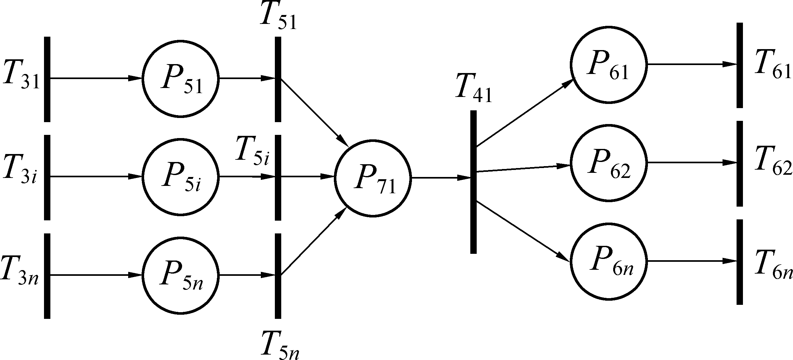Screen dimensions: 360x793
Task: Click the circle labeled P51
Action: (x=180, y=79)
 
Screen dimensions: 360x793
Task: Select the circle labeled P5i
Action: (x=180, y=177)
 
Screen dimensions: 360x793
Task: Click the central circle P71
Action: (x=373, y=178)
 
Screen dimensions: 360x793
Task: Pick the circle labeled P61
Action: (x=608, y=65)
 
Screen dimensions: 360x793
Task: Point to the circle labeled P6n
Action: (x=608, y=261)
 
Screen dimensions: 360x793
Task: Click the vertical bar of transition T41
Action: (x=473, y=182)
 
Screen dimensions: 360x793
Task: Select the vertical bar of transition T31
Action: (x=47, y=79)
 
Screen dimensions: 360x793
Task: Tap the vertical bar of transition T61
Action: (x=740, y=65)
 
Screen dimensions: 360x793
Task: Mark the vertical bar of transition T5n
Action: (x=278, y=276)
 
